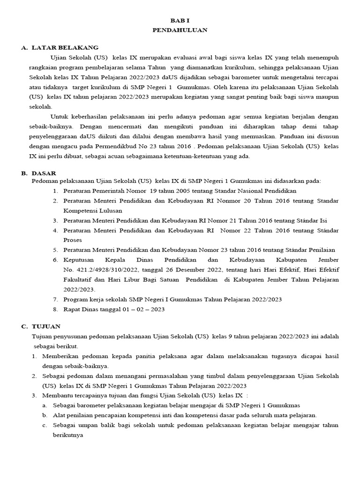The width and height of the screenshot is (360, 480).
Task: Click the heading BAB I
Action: click(180, 21)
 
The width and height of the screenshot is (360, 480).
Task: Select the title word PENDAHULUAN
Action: click(180, 30)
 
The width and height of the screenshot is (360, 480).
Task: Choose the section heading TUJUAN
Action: click(45, 326)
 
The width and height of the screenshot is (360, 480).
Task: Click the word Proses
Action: click(73, 240)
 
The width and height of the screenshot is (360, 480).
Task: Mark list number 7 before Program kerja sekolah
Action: click(55, 300)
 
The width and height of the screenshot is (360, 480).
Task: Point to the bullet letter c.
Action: click(44, 425)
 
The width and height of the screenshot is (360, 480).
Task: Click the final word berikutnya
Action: click(67, 435)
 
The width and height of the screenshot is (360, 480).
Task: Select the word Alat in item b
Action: click(60, 415)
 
